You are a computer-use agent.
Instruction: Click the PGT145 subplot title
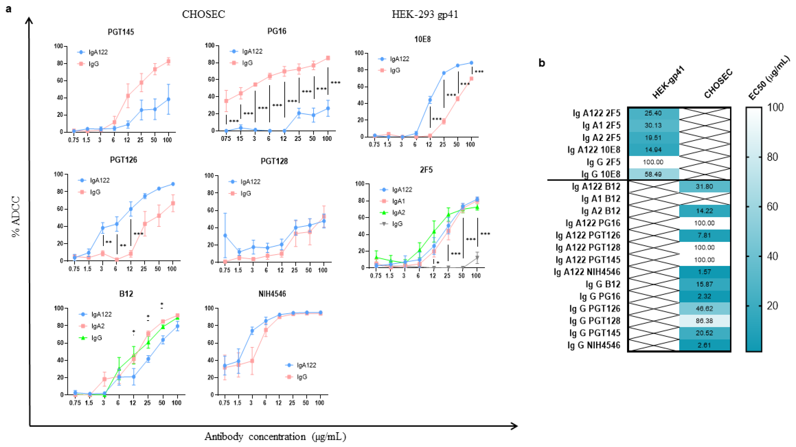[121, 32]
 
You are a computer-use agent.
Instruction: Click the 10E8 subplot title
[422, 39]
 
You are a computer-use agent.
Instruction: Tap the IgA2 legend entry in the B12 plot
[98, 326]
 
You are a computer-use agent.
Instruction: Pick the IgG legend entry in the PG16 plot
[247, 63]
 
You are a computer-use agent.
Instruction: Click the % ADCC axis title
[16, 216]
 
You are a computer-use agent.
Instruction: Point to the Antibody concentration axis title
[275, 436]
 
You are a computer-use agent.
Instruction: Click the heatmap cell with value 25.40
[653, 113]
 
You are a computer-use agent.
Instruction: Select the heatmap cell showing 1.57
[704, 272]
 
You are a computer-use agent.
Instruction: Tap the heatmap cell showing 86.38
[704, 321]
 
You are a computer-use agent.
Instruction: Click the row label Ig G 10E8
[601, 174]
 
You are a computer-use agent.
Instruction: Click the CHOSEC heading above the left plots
[203, 14]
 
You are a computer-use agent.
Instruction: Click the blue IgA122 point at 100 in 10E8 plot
[471, 63]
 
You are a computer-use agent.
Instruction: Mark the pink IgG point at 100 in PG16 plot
[328, 58]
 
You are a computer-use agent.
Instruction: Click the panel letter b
[541, 63]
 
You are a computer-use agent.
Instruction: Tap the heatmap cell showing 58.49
[653, 174]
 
